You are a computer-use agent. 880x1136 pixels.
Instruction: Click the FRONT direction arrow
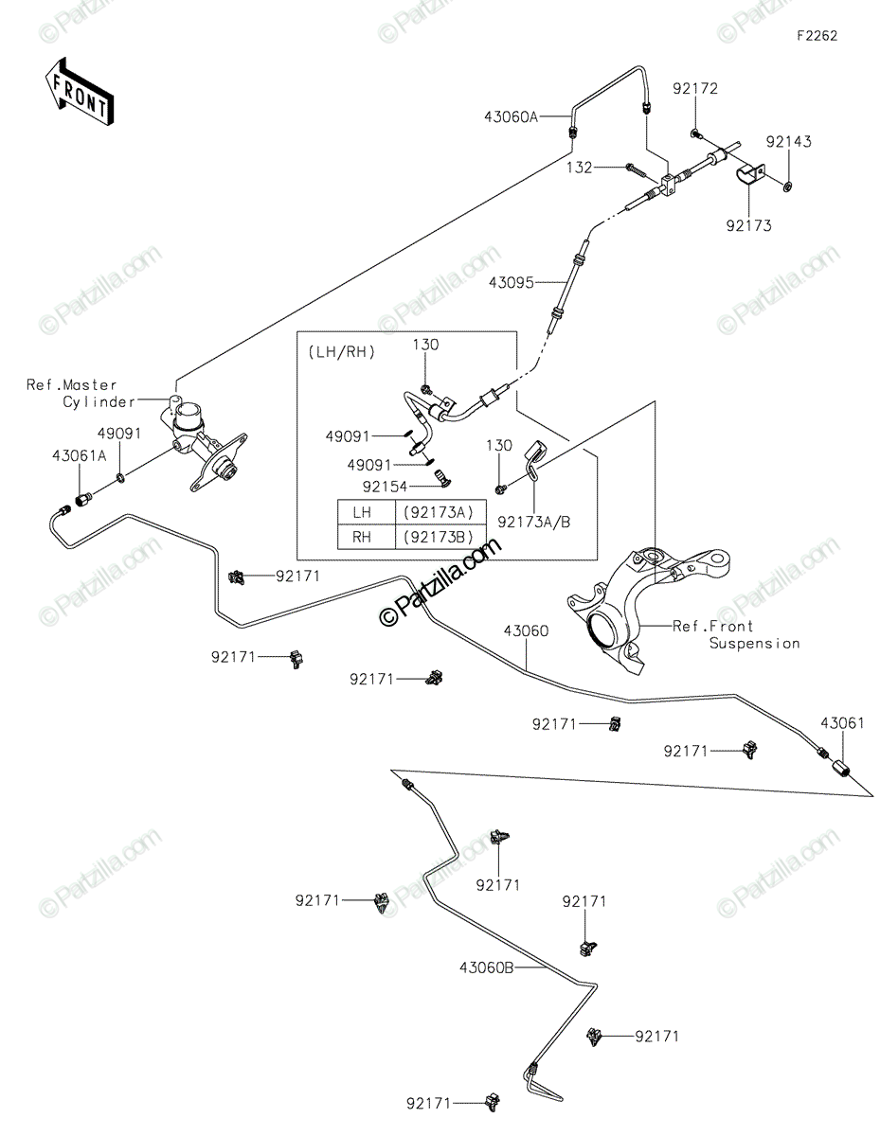pos(79,91)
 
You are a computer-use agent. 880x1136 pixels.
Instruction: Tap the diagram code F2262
pos(817,36)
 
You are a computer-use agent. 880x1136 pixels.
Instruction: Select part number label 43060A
pos(511,116)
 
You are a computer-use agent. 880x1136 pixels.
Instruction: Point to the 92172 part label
pos(695,89)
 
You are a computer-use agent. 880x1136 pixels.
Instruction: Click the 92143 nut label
pos(789,142)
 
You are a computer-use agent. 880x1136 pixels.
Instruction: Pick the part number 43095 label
pos(512,283)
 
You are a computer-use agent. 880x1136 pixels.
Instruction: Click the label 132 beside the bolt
pos(580,168)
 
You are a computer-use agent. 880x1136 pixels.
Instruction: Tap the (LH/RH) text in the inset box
pos(342,352)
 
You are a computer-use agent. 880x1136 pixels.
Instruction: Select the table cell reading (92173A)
pos(439,512)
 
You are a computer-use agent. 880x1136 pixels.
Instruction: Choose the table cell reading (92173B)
pos(439,537)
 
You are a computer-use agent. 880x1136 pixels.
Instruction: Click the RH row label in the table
pos(362,537)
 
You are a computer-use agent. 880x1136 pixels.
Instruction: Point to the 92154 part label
pos(385,487)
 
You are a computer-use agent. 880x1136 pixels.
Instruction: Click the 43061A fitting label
pos(79,456)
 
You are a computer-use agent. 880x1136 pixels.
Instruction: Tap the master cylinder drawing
pos(203,443)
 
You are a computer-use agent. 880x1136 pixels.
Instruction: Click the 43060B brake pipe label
pos(486,968)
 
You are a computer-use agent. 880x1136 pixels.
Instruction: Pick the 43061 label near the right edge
pos(842,723)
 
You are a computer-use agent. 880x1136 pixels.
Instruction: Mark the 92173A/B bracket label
pos(534,522)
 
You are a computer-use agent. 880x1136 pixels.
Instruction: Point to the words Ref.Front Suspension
pos(736,634)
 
